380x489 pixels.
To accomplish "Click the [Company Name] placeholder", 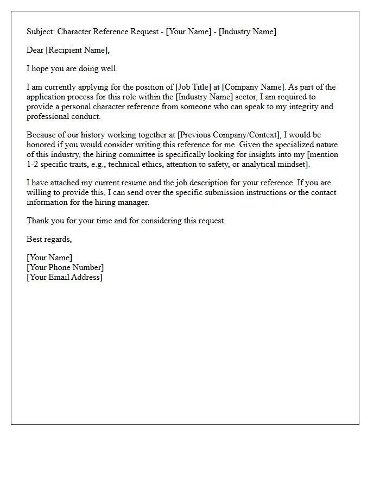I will (252, 87).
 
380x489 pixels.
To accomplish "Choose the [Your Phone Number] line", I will (65, 267).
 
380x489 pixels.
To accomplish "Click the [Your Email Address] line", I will (65, 277).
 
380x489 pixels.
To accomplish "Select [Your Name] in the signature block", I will (49, 258).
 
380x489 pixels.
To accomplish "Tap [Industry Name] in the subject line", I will (247, 32).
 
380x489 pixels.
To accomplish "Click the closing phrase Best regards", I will (49, 239).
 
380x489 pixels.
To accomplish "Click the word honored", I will (41, 145).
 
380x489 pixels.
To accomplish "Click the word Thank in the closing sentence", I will (38, 221).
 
